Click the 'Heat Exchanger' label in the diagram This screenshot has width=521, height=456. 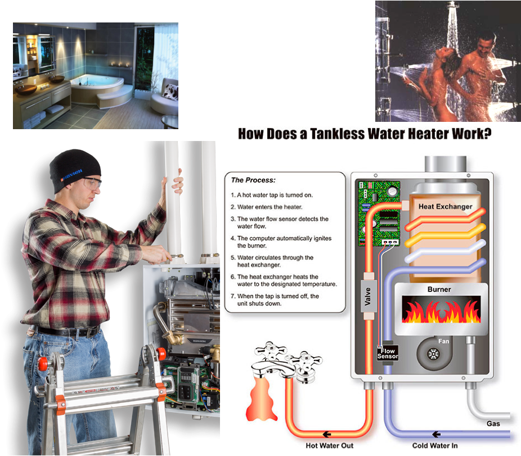click(445, 207)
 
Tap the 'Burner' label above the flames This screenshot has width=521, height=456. click(439, 290)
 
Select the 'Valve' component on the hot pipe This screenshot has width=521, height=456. click(368, 296)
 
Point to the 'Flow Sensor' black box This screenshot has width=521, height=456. click(388, 354)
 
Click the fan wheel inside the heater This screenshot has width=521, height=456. click(433, 354)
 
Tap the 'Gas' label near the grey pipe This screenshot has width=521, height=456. click(493, 423)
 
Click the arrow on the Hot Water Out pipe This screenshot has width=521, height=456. click(327, 434)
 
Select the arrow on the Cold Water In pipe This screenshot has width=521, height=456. click(436, 434)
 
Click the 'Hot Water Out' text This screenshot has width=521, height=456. click(329, 446)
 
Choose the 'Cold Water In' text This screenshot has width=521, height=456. click(434, 446)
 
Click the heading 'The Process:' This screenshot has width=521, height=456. click(253, 180)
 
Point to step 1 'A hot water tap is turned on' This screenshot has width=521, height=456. click(271, 195)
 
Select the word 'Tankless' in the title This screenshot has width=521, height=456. click(337, 134)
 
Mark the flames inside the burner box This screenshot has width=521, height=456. click(441, 311)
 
